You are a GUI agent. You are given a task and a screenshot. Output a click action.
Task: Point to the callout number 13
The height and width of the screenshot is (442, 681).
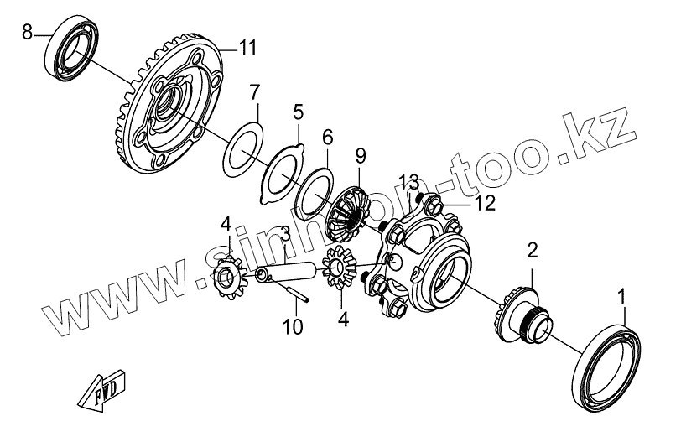408,181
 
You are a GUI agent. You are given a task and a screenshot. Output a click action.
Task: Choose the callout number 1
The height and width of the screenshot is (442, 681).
621,295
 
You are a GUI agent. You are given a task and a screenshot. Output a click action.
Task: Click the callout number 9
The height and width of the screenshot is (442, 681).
361,155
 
